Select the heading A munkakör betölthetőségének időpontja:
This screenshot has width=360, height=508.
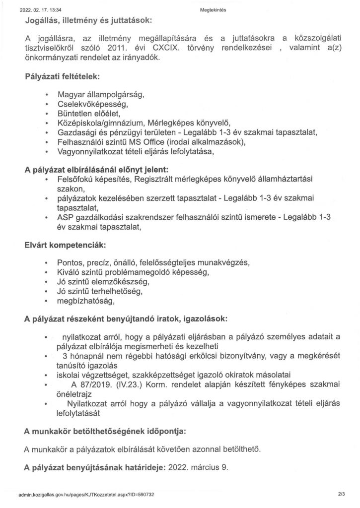tap(105, 432)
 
